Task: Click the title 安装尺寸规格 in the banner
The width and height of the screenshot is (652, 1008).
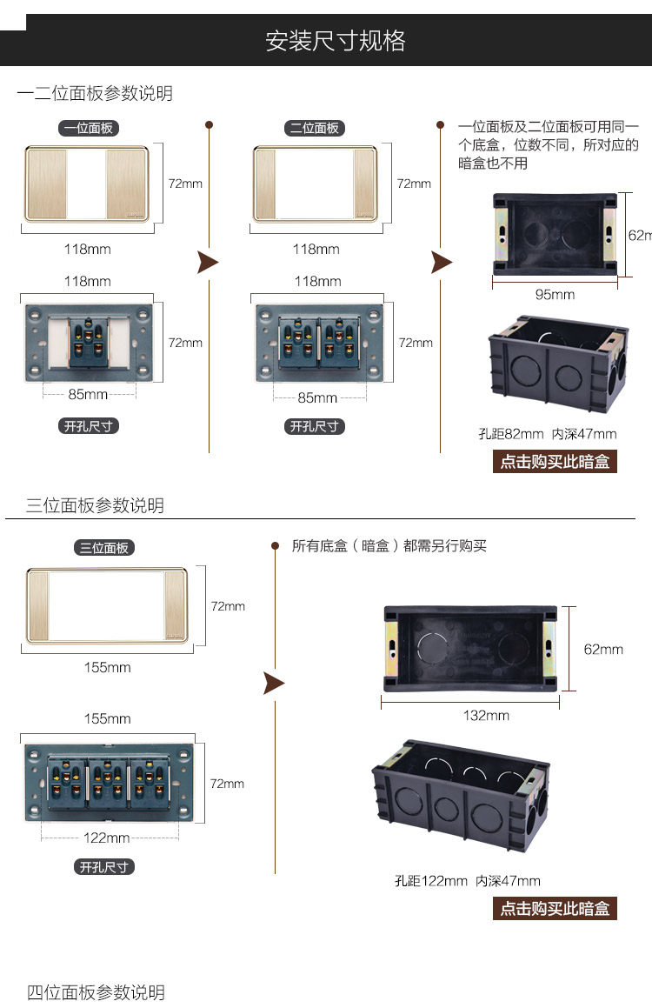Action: pyautogui.click(x=336, y=41)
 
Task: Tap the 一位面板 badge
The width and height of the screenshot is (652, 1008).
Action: pyautogui.click(x=88, y=128)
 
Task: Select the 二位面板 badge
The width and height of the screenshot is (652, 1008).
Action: pyautogui.click(x=315, y=128)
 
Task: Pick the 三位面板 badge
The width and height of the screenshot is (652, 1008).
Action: pyautogui.click(x=104, y=548)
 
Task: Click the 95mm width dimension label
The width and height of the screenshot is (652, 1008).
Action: pyautogui.click(x=555, y=294)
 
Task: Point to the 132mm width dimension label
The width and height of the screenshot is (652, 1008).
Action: pyautogui.click(x=486, y=715)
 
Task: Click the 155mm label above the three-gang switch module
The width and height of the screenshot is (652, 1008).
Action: pyautogui.click(x=107, y=718)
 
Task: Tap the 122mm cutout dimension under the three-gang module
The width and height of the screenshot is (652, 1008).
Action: pyautogui.click(x=107, y=838)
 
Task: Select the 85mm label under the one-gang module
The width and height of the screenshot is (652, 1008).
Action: pyautogui.click(x=88, y=394)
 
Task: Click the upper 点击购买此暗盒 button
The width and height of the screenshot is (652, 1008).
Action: pyautogui.click(x=555, y=462)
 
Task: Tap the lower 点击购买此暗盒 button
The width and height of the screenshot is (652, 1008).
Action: pyautogui.click(x=555, y=909)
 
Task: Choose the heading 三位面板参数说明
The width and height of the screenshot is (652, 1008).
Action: pyautogui.click(x=95, y=505)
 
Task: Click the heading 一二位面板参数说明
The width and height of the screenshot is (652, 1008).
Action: pyautogui.click(x=95, y=94)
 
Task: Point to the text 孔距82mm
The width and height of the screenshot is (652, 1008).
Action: pyautogui.click(x=511, y=434)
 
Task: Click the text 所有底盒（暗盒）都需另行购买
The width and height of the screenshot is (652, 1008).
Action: pyautogui.click(x=389, y=546)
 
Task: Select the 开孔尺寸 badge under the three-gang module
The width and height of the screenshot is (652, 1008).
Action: pyautogui.click(x=104, y=867)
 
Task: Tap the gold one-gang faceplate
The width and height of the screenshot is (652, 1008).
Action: pyautogui.click(x=88, y=184)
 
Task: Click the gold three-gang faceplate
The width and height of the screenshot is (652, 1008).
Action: pyautogui.click(x=107, y=606)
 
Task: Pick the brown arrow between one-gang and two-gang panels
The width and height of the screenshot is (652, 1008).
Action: pyautogui.click(x=208, y=262)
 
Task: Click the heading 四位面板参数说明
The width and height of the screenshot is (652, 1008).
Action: pyautogui.click(x=96, y=992)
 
